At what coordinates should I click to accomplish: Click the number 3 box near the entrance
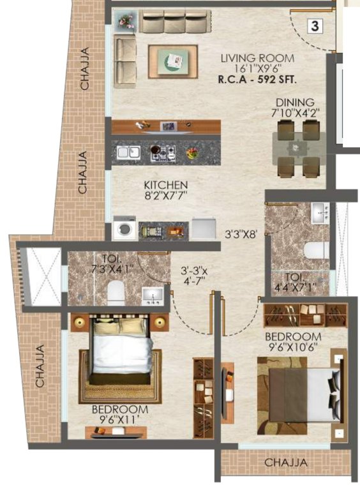click(315, 26)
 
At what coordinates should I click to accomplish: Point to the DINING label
click(295, 102)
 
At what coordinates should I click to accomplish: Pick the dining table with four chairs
click(298, 148)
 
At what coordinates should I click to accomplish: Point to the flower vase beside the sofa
click(124, 20)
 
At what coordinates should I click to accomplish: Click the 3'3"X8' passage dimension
click(240, 234)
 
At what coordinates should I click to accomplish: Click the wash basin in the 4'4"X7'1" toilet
click(320, 214)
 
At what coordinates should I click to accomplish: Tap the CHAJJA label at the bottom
click(286, 462)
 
